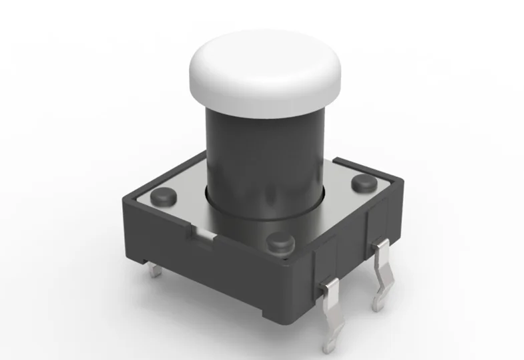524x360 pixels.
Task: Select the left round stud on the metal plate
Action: pos(163,196)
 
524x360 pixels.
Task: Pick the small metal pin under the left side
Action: pos(156,271)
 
